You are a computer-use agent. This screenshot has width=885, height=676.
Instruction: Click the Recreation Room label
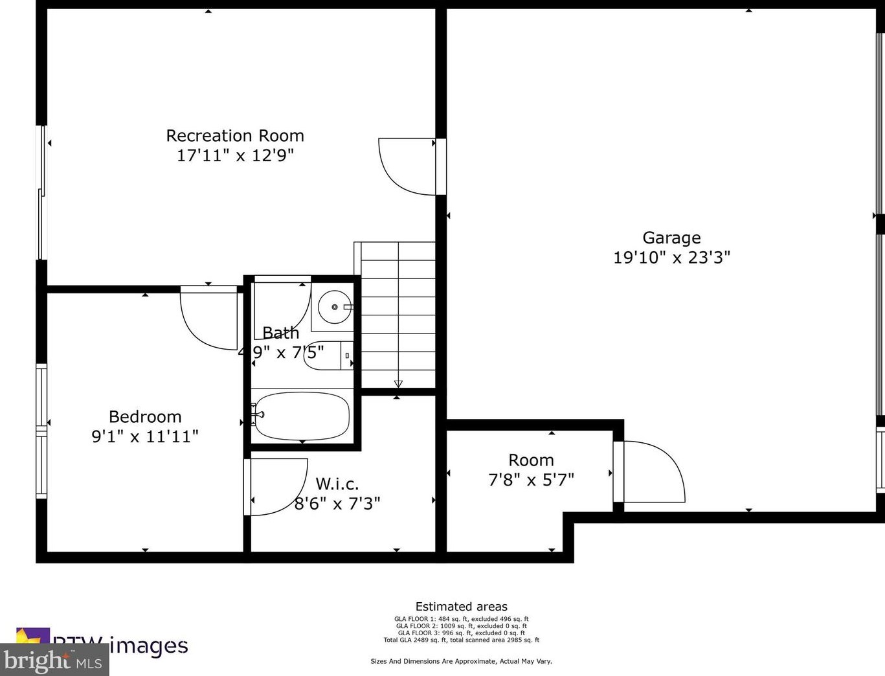tap(235, 136)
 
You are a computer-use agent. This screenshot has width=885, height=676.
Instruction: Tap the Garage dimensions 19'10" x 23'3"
tap(671, 258)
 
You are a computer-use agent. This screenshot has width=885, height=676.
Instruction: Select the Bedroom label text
tap(145, 417)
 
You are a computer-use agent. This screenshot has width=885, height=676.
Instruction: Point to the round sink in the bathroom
tap(335, 306)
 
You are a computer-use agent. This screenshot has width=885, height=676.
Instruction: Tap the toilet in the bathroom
tap(329, 355)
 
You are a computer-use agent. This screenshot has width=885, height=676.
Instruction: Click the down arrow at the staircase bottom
tap(398, 383)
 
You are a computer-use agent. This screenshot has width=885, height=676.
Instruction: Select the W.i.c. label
tap(337, 484)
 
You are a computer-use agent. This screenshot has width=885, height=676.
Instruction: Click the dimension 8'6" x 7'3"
tap(337, 504)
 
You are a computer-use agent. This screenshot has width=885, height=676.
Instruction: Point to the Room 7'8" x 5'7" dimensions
tap(531, 480)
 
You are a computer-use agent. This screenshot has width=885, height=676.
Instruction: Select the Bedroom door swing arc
tap(209, 321)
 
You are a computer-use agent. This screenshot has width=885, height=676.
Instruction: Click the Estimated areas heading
tap(461, 607)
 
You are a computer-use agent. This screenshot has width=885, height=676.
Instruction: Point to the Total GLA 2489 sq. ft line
tap(461, 640)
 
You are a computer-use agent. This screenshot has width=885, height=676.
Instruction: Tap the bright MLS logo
tap(54, 660)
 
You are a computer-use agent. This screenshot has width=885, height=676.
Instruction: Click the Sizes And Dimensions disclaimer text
tap(461, 661)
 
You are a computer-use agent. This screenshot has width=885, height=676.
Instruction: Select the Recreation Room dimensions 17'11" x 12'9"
tap(235, 155)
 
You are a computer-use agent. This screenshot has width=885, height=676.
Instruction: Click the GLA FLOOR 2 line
tap(461, 626)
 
